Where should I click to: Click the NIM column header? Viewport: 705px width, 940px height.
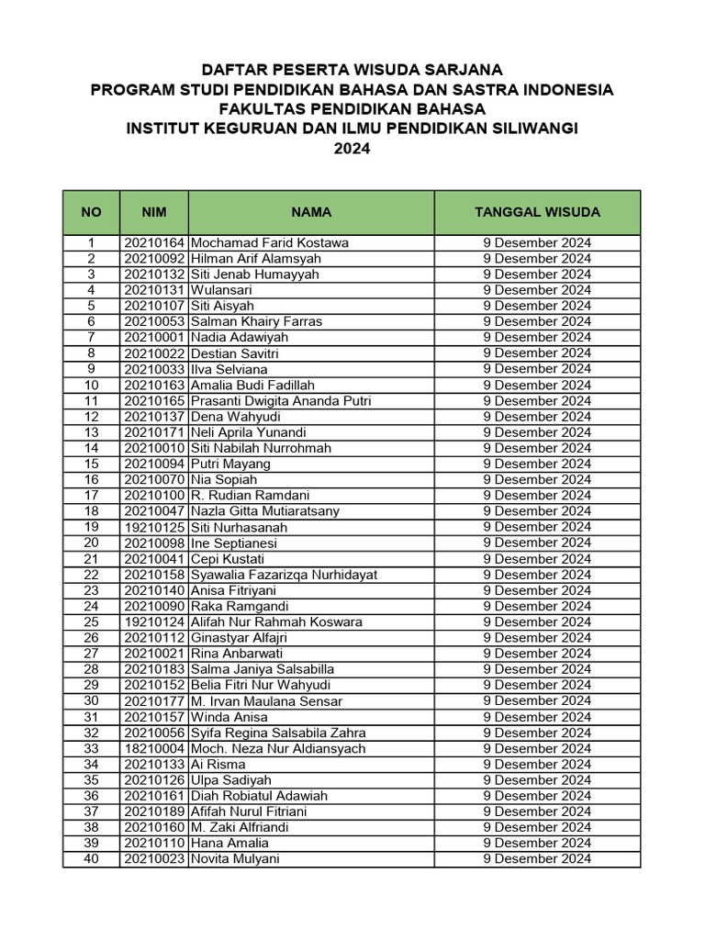[153, 212]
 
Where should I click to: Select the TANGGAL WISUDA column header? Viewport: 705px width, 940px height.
[537, 212]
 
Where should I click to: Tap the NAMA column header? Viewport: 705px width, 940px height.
[311, 212]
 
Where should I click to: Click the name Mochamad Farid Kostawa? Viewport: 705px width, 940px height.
[269, 243]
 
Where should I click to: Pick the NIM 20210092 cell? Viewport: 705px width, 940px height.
[153, 259]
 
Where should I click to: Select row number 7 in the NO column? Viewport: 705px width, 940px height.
[91, 337]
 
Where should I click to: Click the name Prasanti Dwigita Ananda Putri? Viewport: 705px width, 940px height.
[281, 401]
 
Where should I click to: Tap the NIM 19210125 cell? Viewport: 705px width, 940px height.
[153, 527]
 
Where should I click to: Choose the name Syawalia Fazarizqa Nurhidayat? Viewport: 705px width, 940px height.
[284, 575]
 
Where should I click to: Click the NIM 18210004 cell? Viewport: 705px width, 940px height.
[153, 748]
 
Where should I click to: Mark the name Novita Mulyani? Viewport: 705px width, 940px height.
[235, 859]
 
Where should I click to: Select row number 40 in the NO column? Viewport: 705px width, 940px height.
[91, 859]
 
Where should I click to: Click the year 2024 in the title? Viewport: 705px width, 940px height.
[352, 148]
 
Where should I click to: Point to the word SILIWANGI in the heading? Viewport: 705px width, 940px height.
[537, 129]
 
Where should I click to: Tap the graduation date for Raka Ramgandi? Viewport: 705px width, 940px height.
[537, 606]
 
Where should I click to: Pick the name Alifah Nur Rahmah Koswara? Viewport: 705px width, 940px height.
[276, 621]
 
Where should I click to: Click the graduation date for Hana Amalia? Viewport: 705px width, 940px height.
[537, 843]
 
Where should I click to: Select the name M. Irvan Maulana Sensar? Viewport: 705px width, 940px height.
[266, 701]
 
